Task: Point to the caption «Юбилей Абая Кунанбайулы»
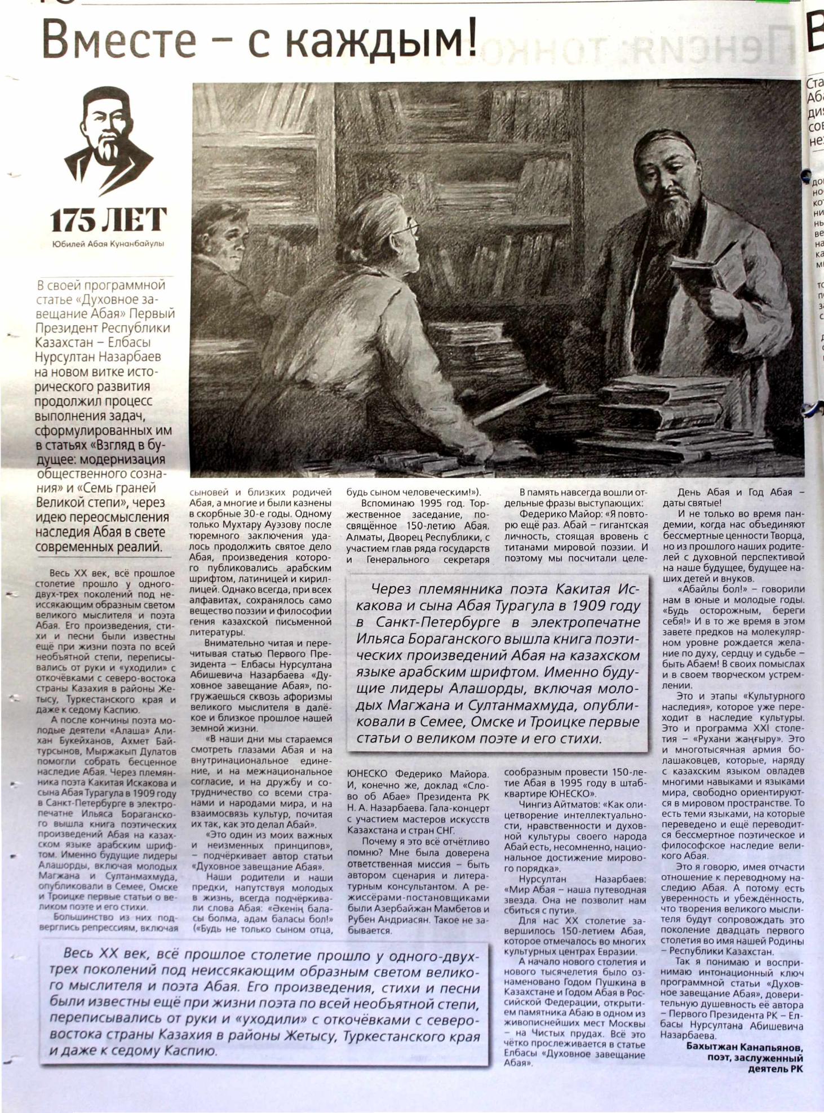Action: pyautogui.click(x=108, y=244)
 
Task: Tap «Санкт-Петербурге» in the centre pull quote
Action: pyautogui.click(x=440, y=623)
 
